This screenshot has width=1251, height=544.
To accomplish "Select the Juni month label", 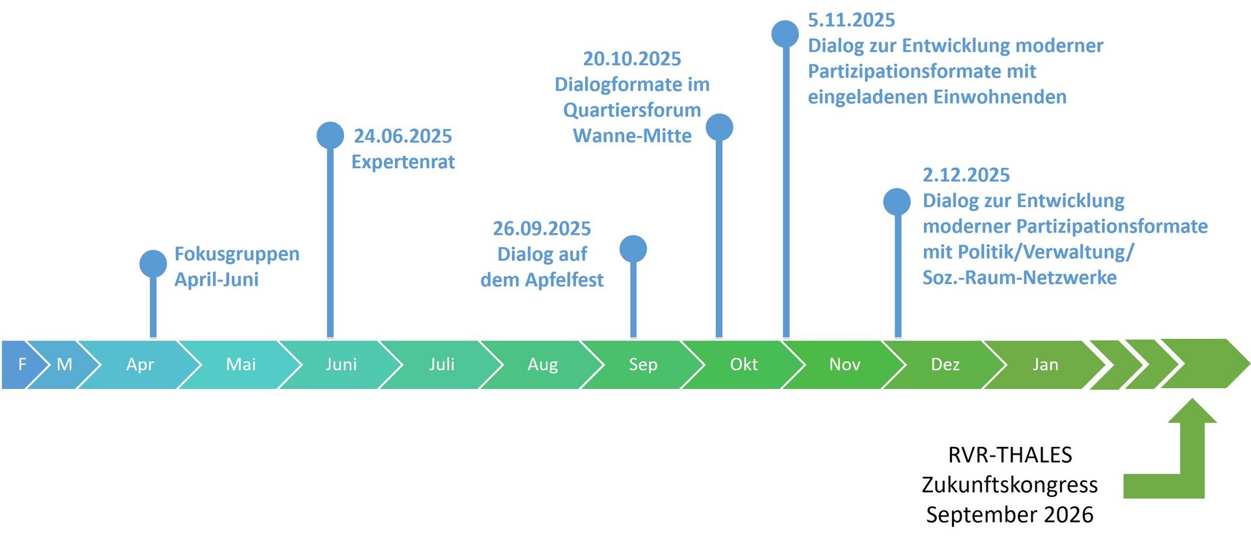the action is click(x=341, y=364).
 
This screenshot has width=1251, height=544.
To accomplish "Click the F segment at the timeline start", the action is click(x=18, y=364).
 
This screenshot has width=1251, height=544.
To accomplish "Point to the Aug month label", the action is click(x=543, y=365).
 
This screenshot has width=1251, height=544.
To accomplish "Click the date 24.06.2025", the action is click(x=403, y=136).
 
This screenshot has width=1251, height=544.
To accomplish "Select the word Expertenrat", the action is click(x=403, y=162).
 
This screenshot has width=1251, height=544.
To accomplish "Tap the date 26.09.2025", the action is click(x=542, y=229).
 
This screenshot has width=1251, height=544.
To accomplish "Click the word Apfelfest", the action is click(x=564, y=280).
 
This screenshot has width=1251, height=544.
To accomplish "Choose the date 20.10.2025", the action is click(x=632, y=59).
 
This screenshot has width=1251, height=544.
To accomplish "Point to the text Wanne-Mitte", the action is click(x=632, y=136).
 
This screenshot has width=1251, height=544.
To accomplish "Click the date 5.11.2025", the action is click(x=852, y=20).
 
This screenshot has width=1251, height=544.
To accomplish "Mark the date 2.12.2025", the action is click(x=966, y=175).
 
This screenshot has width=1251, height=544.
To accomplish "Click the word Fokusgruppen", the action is click(x=237, y=254).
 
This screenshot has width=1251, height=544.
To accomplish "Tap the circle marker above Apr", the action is click(x=153, y=264).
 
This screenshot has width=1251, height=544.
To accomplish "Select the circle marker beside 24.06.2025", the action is click(x=330, y=136).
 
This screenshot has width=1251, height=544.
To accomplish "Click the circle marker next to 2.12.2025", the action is click(x=897, y=202).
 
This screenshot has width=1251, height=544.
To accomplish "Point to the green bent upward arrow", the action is click(x=1192, y=456).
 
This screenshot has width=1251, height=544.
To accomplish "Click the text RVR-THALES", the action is click(x=1010, y=455).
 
